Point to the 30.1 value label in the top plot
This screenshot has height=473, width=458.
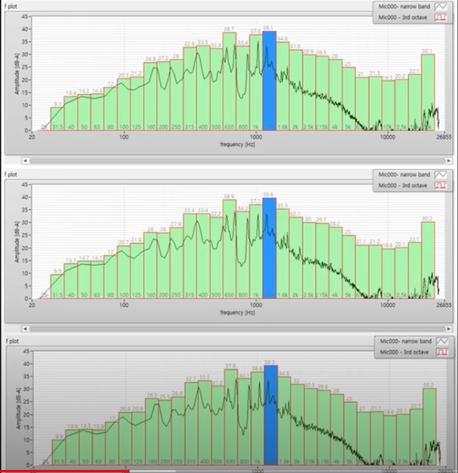[427, 51]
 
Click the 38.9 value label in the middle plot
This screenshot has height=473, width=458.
[229, 196]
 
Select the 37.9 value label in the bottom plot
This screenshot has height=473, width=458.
[230, 365]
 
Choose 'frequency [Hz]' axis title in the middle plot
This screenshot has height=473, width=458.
[238, 311]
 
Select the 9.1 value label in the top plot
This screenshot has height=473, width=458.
[57, 104]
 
